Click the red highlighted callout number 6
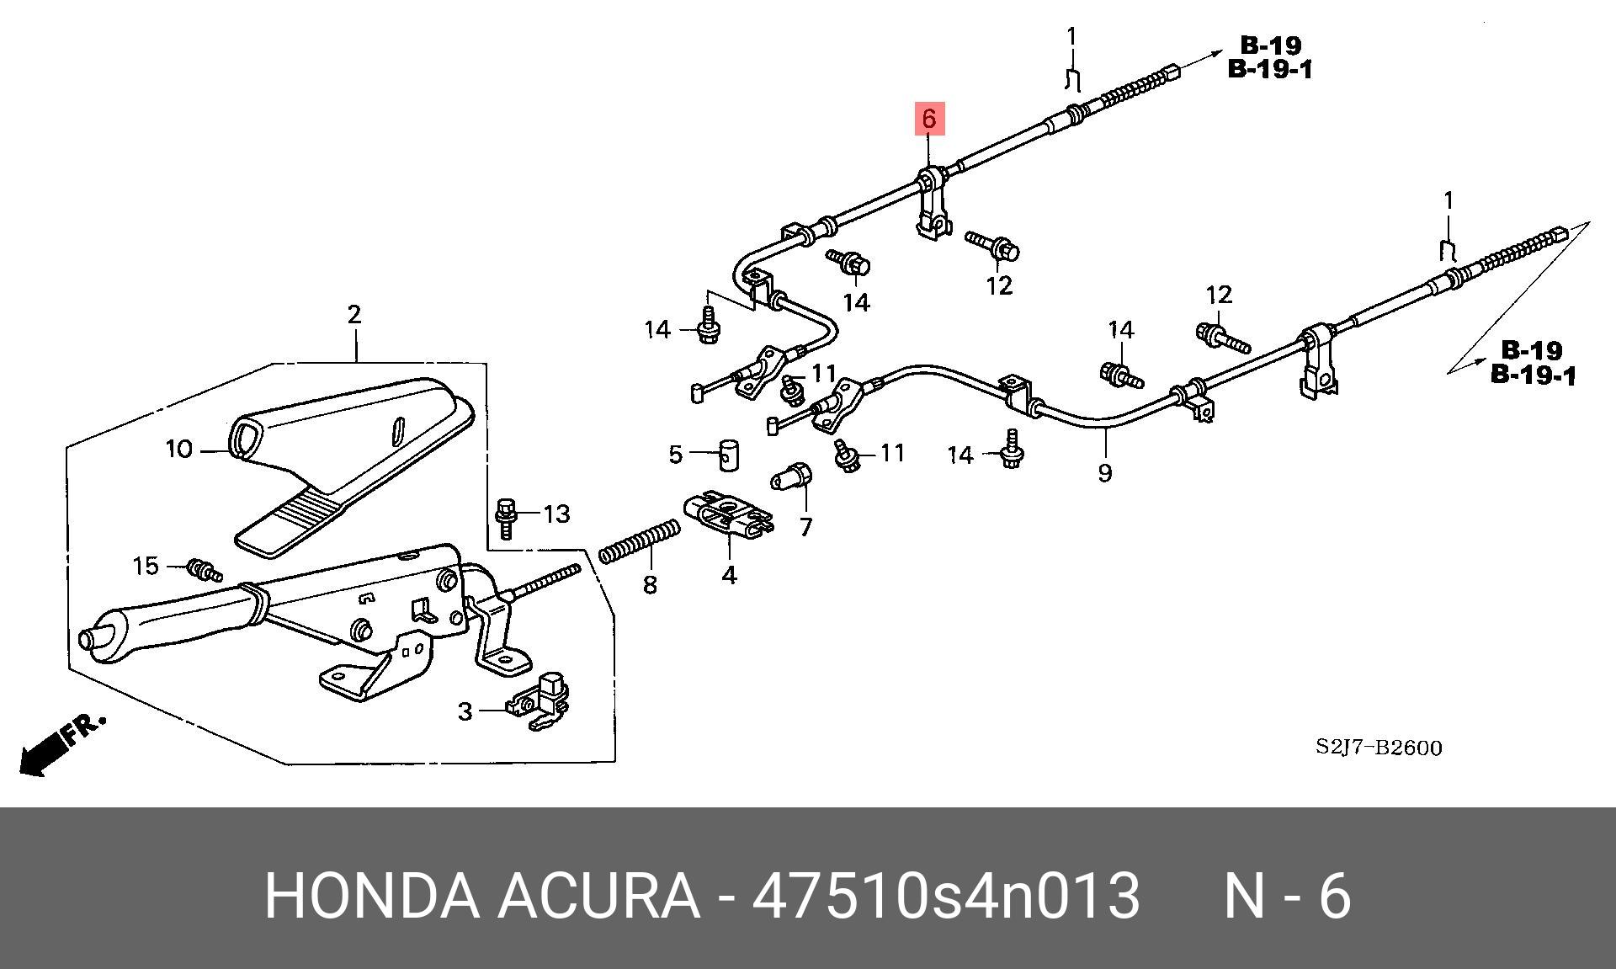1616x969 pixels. (x=928, y=119)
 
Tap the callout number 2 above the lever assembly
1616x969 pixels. (x=354, y=314)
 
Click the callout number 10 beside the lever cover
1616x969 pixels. (x=179, y=450)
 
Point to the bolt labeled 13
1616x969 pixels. (x=507, y=517)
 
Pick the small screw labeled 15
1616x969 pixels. (x=204, y=569)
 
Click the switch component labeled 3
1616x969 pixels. (x=539, y=701)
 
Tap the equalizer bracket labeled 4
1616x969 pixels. (x=729, y=514)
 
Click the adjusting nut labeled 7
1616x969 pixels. (x=792, y=477)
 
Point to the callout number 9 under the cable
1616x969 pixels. (x=1104, y=472)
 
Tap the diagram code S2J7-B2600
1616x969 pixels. (x=1379, y=748)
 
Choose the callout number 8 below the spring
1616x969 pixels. (x=650, y=584)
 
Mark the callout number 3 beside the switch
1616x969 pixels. (x=465, y=711)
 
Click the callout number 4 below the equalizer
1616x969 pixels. (x=729, y=575)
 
